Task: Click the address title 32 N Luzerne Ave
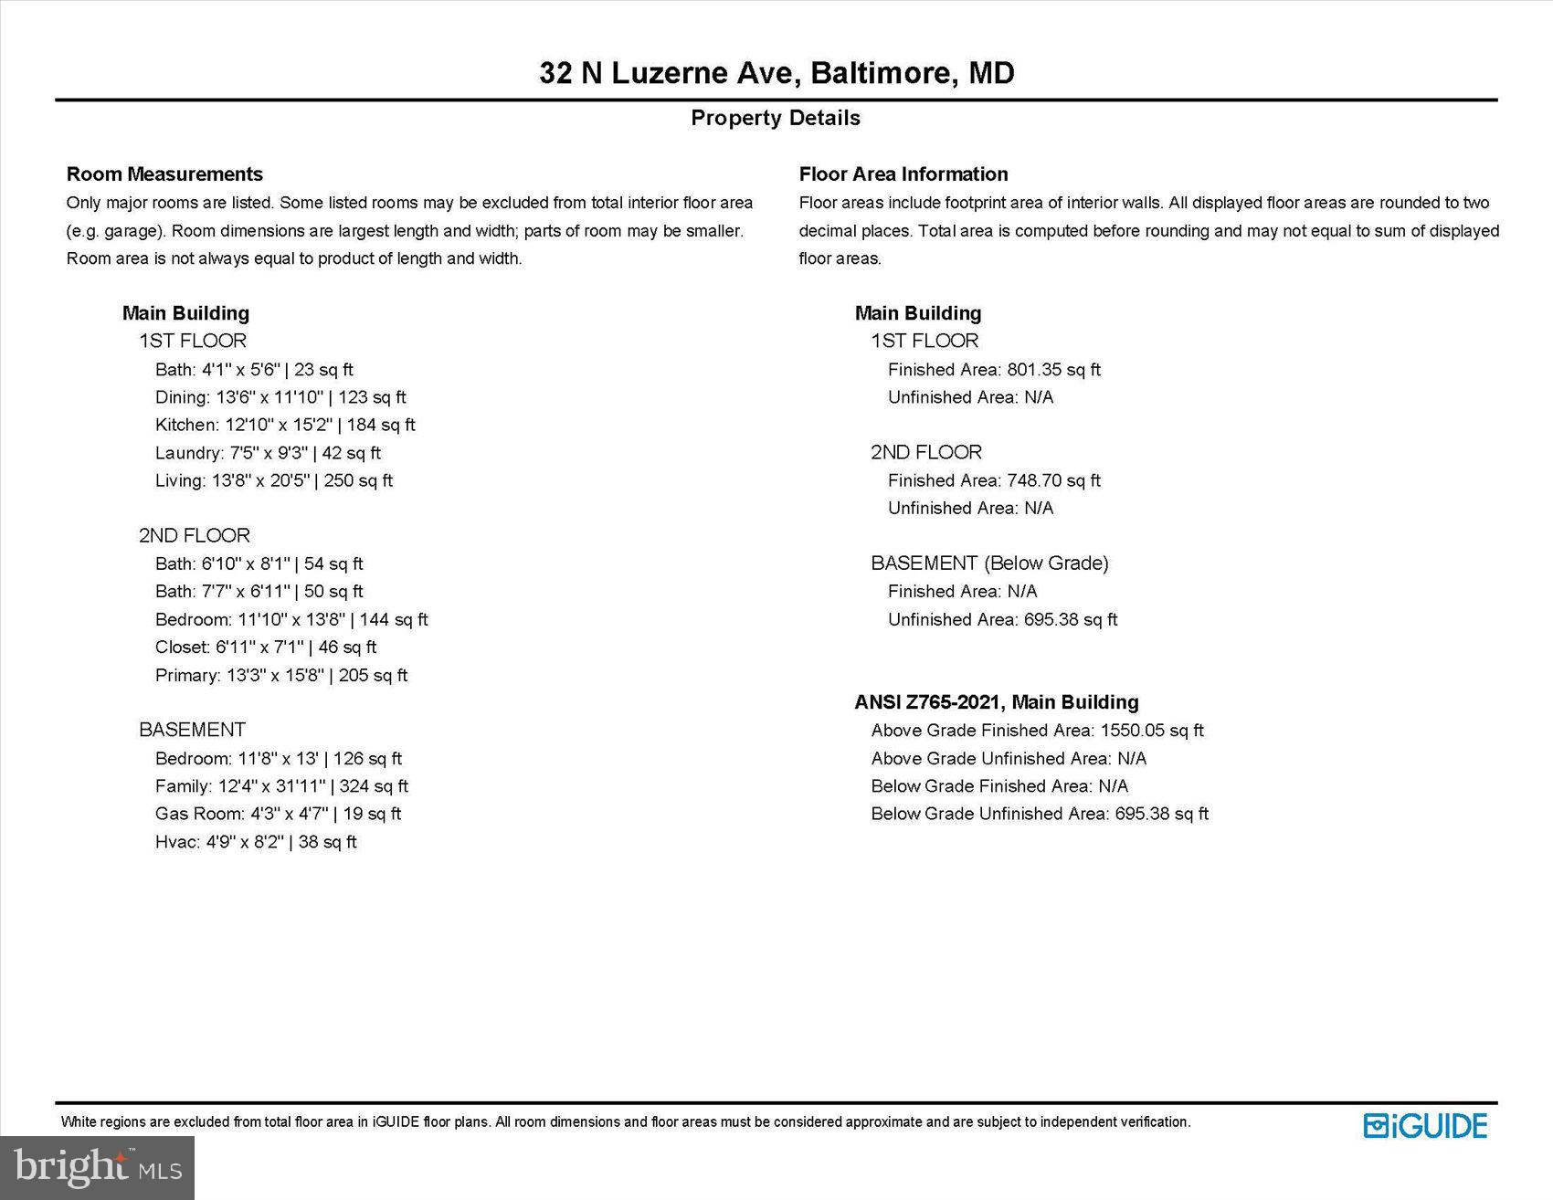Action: pos(776,73)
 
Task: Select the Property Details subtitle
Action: pos(776,118)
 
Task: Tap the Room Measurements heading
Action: pos(164,174)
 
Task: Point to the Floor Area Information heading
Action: pos(903,174)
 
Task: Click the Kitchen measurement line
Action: pos(285,425)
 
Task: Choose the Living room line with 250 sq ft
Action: pos(274,480)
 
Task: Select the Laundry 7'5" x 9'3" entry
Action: pos(268,453)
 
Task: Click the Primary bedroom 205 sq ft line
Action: pos(281,676)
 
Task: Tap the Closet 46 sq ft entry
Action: pos(266,647)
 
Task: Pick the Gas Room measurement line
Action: pos(278,814)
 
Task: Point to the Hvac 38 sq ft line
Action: pos(256,842)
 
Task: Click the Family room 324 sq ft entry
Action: pos(281,786)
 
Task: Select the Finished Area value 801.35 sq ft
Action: pos(994,370)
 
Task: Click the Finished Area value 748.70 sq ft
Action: pos(994,480)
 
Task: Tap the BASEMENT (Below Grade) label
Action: pos(989,563)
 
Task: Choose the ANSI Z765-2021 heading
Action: pos(997,702)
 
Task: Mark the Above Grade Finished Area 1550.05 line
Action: pos(1037,731)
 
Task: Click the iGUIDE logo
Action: pos(1425,1125)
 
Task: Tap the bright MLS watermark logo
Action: pos(98,1167)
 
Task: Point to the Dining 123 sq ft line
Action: pos(280,397)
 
